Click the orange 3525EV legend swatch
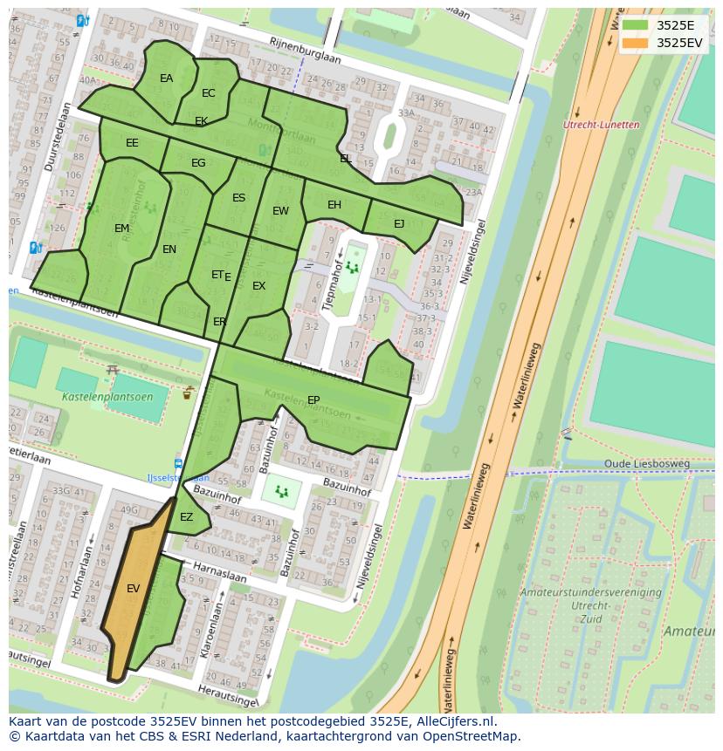[x=636, y=42]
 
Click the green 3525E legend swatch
[x=636, y=25]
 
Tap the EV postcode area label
[x=133, y=589]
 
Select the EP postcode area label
[x=313, y=400]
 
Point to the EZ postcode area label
[x=186, y=517]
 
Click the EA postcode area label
[x=166, y=79]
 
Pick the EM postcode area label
[x=121, y=229]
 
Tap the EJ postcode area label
[x=399, y=224]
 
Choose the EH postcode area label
[x=334, y=205]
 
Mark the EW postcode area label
[x=280, y=211]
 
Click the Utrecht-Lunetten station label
[x=601, y=126]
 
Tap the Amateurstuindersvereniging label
[x=590, y=592]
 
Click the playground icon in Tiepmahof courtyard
[x=353, y=265]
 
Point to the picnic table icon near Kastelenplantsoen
[x=112, y=371]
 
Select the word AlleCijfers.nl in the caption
[x=453, y=721]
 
